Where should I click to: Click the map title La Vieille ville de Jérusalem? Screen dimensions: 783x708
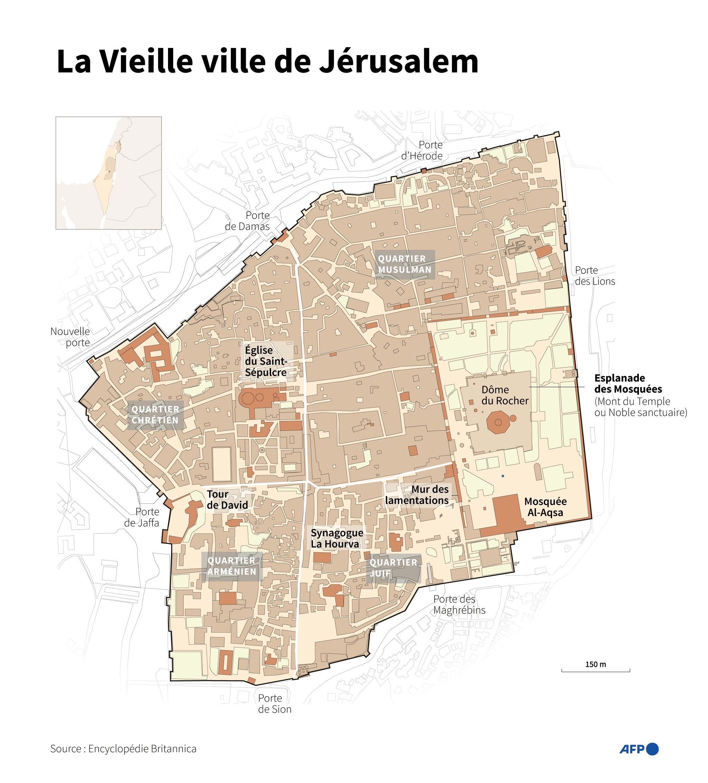pos(267,62)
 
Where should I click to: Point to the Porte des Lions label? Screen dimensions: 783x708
pos(594,276)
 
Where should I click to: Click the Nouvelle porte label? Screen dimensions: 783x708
pos(70,337)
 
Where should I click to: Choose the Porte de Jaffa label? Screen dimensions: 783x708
pos(142,518)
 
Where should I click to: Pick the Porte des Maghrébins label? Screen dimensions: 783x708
pos(459,605)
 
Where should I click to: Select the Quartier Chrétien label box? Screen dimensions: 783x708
pos(155,415)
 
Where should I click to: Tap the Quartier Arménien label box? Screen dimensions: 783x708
pos(232,566)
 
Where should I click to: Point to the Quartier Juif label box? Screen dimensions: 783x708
pos(393,568)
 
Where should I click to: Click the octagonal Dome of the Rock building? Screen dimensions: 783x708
pos(497,422)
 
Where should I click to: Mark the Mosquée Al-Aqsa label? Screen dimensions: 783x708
pos(545,507)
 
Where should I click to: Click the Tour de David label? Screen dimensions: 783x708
pos(227,500)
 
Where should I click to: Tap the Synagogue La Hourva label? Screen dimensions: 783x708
pos(337,538)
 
